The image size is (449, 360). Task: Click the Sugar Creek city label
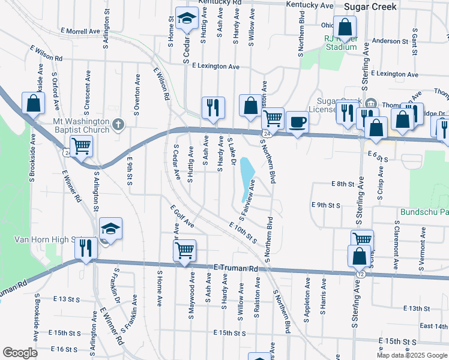[x=370, y=6]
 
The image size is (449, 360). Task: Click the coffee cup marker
[x=297, y=122]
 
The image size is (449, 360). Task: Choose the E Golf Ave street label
[x=182, y=217]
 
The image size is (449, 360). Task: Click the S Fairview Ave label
[x=248, y=197]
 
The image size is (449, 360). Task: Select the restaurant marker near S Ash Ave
[x=212, y=107]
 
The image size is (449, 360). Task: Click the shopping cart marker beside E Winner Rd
[x=81, y=145]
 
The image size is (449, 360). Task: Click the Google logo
[x=19, y=353]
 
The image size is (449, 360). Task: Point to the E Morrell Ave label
[x=80, y=31]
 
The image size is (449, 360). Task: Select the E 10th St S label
[x=243, y=233]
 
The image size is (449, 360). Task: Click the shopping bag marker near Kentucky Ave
[x=345, y=27]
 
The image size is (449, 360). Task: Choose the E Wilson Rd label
[x=45, y=55]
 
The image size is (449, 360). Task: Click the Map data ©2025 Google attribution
[x=411, y=355]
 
